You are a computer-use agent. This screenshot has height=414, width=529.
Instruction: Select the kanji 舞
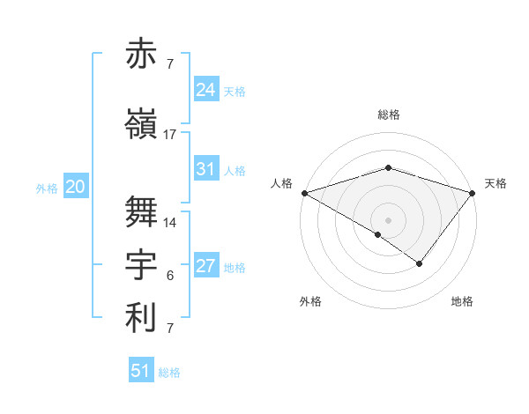coord(142,211)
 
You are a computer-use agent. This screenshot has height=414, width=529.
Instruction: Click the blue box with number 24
coord(206,90)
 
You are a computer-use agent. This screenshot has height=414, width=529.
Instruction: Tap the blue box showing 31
coord(206,169)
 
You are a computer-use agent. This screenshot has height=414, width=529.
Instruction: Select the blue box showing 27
coord(206,266)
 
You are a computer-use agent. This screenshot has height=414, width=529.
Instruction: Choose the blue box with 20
coord(76,187)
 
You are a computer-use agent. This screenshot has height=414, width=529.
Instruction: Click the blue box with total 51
coord(141,371)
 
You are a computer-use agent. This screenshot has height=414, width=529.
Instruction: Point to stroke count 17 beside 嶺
coord(170,135)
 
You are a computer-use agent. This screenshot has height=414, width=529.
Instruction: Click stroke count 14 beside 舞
coord(170,223)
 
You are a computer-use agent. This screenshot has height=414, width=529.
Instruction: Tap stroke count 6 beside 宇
coord(170,276)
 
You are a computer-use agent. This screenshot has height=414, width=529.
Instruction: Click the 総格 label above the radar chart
coord(389,115)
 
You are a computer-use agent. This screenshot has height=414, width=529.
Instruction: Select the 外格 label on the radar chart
coord(310,301)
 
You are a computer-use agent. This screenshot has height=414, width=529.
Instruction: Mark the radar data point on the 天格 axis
coord(473,193)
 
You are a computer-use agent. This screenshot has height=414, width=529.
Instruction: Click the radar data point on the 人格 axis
coord(304,193)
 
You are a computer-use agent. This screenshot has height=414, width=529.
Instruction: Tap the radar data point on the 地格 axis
coord(420,263)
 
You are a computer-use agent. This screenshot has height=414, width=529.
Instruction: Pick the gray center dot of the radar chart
coord(389,219)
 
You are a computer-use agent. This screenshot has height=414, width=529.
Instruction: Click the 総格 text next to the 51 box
coord(169,373)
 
